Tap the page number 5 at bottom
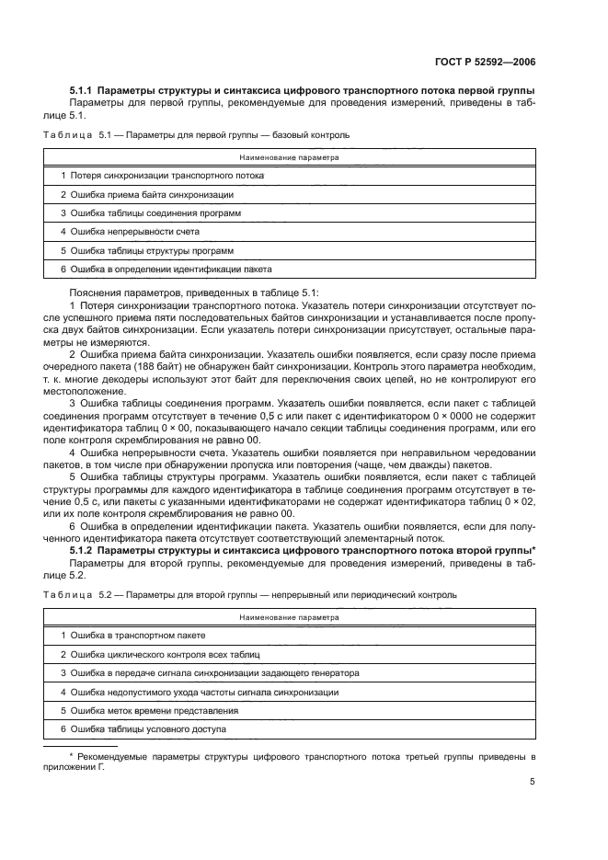[x=533, y=782]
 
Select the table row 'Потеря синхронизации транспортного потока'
[x=162, y=176]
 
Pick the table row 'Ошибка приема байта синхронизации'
[x=146, y=195]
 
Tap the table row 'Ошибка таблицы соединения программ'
[x=150, y=213]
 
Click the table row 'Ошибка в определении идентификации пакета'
[x=166, y=269]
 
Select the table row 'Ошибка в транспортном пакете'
[x=132, y=636]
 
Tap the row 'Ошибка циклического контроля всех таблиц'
[x=161, y=655]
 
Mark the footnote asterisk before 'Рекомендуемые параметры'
[x=72, y=755]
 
